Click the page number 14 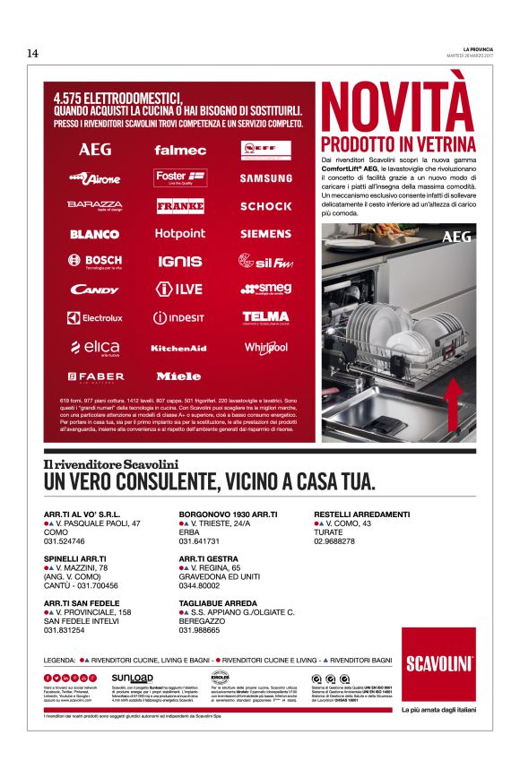tap(32, 53)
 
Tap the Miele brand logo tap(179, 376)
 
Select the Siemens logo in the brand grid tap(265, 234)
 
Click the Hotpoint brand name tap(180, 234)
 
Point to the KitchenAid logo tap(179, 348)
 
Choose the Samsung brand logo tap(265, 177)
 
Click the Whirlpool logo tap(265, 348)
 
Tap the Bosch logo tap(95, 262)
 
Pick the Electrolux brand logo tap(95, 317)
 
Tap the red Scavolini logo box tap(438, 664)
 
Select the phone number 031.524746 tap(65, 541)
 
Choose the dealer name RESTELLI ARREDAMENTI tap(362, 514)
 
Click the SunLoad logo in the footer tap(132, 678)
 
